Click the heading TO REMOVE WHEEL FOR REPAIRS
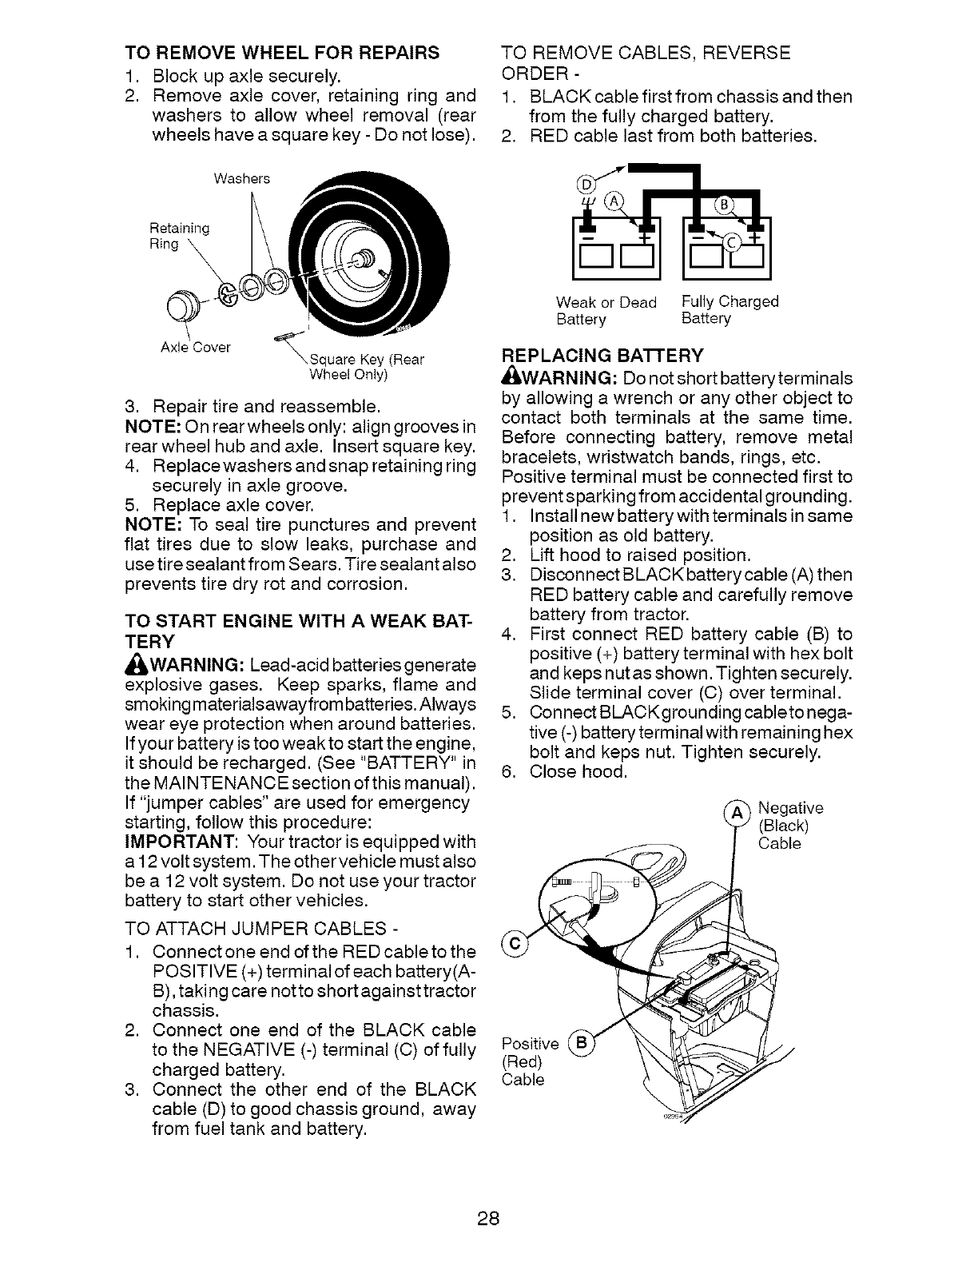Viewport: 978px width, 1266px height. click(282, 53)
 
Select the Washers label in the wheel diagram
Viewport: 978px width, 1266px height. click(241, 178)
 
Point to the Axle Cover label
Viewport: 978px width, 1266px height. click(196, 347)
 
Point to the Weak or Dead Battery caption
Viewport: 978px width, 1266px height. click(606, 311)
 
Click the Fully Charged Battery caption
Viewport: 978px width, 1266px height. click(730, 310)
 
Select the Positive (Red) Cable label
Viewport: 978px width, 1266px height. click(529, 1061)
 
